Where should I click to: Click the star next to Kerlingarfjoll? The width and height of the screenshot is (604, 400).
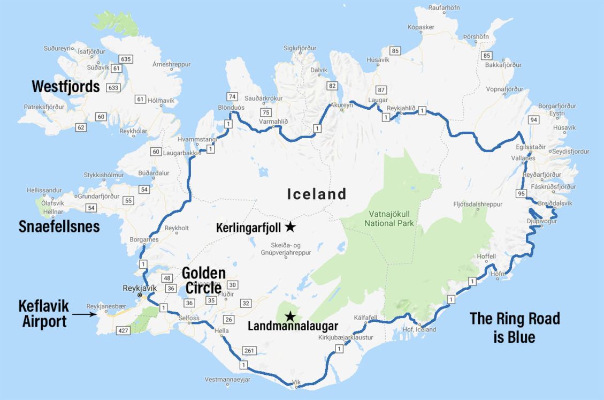click(x=290, y=227)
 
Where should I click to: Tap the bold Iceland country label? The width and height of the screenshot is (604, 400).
click(x=317, y=194)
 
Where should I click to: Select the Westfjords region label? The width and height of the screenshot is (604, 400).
click(x=66, y=86)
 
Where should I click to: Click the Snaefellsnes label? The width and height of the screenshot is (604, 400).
click(x=59, y=227)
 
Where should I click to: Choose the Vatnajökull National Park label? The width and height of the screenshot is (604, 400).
click(x=391, y=218)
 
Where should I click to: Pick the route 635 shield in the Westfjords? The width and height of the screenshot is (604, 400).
click(x=126, y=59)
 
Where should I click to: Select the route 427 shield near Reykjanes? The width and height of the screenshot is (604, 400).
click(x=124, y=330)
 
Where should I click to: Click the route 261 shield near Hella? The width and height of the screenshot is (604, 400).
click(x=247, y=351)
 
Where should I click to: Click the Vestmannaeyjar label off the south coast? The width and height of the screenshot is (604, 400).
click(x=227, y=380)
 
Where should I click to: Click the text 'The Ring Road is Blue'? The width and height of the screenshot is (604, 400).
click(x=515, y=328)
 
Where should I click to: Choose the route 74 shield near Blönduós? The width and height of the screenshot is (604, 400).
click(x=232, y=96)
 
